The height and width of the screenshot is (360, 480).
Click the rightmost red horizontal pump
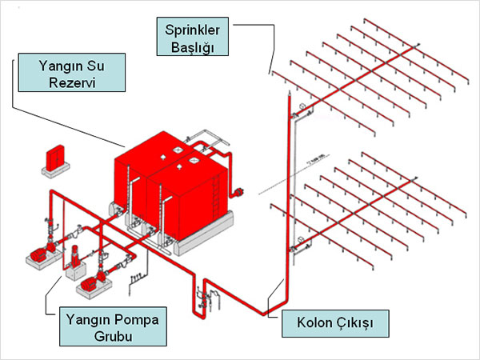pos(89,282)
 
